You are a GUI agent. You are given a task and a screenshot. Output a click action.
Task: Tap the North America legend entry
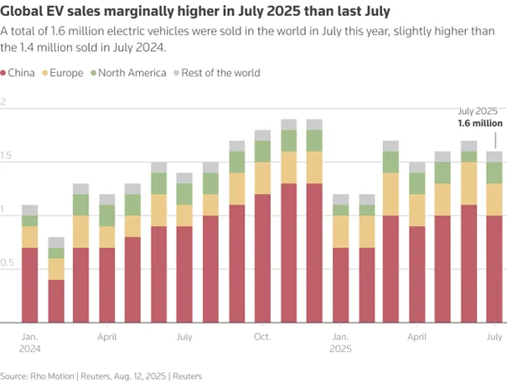click(132, 73)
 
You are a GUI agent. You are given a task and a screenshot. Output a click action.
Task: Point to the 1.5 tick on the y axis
click(6, 157)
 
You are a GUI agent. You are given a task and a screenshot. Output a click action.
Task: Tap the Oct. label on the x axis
click(262, 337)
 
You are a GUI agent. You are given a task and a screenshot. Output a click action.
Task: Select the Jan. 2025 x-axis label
click(340, 343)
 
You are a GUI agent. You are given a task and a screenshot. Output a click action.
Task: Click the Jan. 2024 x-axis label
click(29, 343)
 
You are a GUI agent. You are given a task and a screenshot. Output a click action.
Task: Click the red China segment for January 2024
click(30, 285)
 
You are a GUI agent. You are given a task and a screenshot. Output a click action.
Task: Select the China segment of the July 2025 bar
click(494, 268)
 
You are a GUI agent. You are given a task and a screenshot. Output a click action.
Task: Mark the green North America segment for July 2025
click(494, 173)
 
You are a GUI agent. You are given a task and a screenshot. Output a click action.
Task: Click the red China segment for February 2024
click(56, 301)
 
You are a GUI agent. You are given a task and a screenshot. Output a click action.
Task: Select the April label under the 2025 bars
click(416, 337)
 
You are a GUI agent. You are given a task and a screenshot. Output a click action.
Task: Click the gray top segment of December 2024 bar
click(314, 124)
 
